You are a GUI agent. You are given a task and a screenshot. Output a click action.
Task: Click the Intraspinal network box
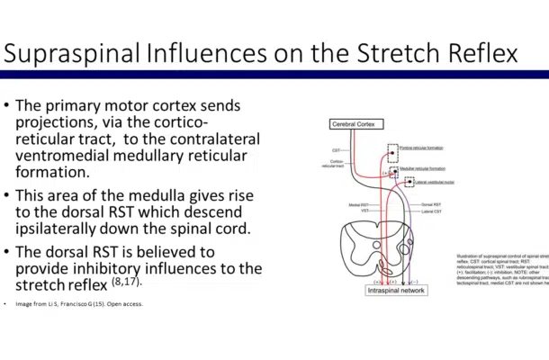[397, 290]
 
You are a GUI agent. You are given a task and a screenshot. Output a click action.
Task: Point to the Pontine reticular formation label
[422, 148]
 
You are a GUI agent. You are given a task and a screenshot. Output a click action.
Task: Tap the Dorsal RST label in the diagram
[430, 205]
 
